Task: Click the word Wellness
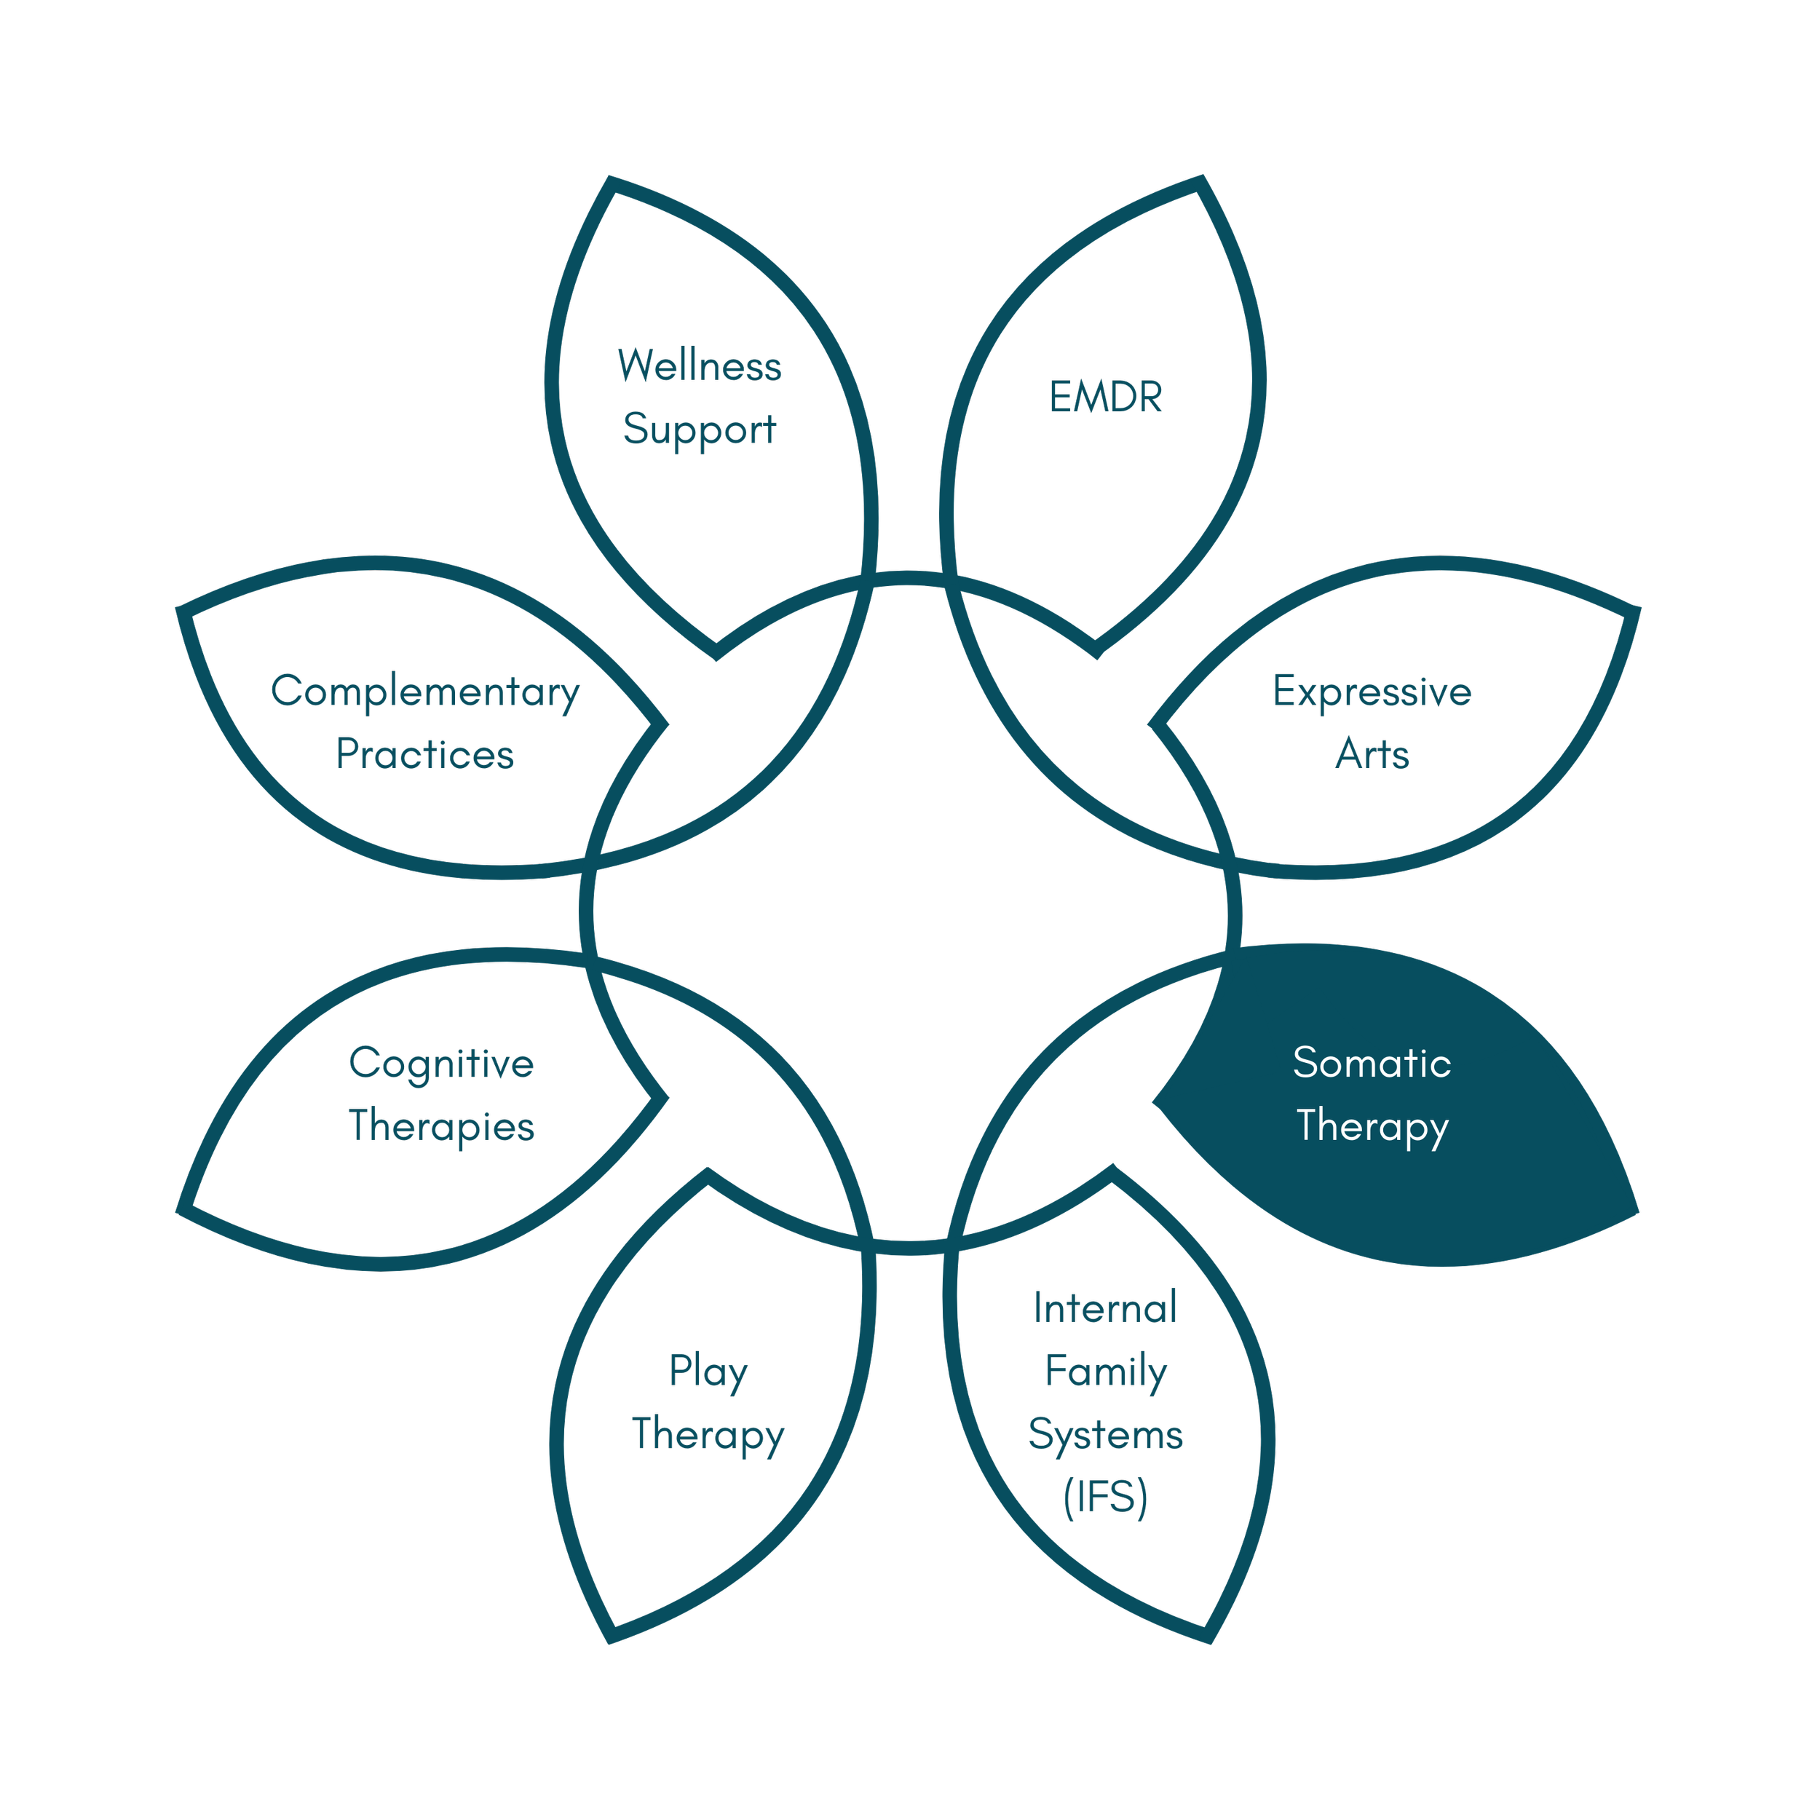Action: (x=699, y=365)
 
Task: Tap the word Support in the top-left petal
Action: (x=699, y=430)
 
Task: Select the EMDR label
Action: (x=1106, y=397)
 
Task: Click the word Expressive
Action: (x=1372, y=692)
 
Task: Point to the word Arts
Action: (x=1372, y=754)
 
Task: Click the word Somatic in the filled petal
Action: (x=1372, y=1063)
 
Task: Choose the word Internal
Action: (x=1105, y=1308)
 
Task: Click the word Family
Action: (x=1105, y=1372)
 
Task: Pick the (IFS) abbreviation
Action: (x=1105, y=1497)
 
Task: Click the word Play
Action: (x=708, y=1372)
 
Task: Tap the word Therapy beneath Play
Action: (x=708, y=1435)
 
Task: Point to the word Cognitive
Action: (x=441, y=1064)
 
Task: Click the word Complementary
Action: (x=425, y=692)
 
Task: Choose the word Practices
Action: (x=425, y=754)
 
